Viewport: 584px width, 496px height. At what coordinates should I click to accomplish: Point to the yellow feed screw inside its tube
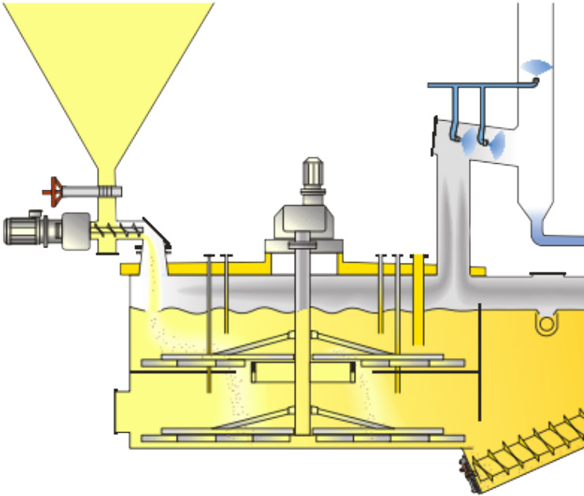118,230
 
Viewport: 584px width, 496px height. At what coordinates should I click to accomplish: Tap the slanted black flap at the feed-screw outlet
161,232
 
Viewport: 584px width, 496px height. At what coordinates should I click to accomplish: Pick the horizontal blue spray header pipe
481,84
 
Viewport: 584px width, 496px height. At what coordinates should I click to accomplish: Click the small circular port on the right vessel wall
544,323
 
